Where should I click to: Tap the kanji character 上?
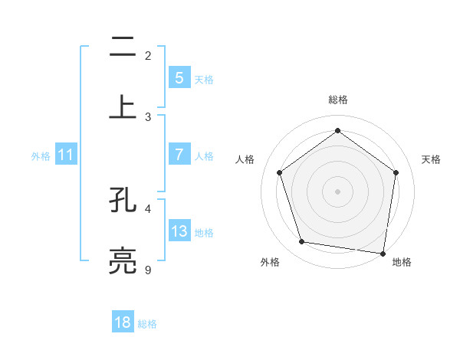[x=123, y=106]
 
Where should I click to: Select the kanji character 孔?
[x=123, y=201]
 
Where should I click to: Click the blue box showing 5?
[x=179, y=77]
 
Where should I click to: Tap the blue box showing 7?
[x=179, y=154]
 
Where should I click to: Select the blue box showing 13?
[x=179, y=231]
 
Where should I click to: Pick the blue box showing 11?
[x=65, y=155]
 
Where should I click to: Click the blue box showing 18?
[x=123, y=322]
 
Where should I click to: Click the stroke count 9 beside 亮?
[x=148, y=270]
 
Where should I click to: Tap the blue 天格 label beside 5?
[x=204, y=79]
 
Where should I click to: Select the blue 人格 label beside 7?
[x=204, y=155]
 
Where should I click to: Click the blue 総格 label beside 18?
[x=147, y=324]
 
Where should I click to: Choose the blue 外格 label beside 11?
[x=41, y=156]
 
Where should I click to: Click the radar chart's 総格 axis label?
[x=338, y=100]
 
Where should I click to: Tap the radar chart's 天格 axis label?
[x=432, y=159]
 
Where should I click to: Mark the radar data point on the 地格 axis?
[x=383, y=253]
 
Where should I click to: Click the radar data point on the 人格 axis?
[x=280, y=172]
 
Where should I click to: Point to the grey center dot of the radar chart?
[x=338, y=191]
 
